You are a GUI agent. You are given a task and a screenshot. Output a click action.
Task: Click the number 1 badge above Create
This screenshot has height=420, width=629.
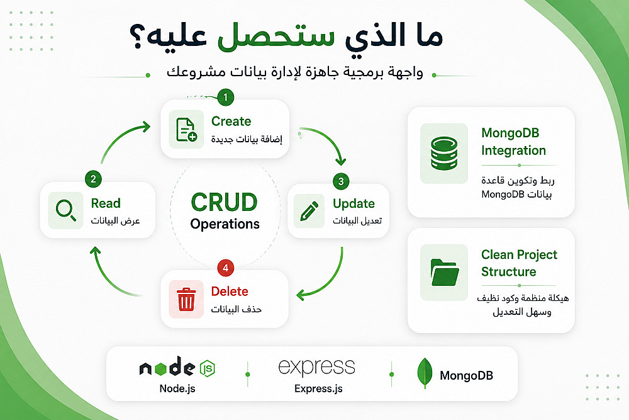(225, 97)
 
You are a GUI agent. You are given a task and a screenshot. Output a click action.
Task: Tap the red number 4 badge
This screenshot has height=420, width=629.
(225, 268)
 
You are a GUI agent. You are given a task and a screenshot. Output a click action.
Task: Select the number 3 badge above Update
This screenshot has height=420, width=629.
(341, 181)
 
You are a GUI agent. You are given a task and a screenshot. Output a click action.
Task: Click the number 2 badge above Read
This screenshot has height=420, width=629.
(94, 179)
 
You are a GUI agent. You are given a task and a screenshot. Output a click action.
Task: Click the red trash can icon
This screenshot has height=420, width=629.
(186, 298)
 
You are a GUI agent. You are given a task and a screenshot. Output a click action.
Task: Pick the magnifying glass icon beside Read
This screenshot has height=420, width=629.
(66, 210)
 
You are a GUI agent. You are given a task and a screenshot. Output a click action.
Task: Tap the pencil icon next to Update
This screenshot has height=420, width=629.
(309, 211)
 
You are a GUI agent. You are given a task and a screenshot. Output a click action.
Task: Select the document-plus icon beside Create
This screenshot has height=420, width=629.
(187, 129)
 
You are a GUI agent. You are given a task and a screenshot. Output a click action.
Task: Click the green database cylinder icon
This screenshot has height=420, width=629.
(444, 153)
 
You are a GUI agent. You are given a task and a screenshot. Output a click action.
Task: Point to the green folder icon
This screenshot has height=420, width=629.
(445, 272)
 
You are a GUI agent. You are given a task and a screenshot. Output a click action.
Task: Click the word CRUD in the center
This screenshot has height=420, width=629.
(225, 202)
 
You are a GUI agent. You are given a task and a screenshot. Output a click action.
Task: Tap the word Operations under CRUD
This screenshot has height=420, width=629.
(225, 224)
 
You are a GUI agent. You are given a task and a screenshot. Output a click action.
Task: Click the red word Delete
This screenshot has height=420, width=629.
(230, 291)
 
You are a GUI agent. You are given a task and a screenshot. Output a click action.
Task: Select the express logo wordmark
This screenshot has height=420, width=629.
(317, 367)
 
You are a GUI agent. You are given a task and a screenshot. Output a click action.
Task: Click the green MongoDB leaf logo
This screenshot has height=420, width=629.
(425, 373)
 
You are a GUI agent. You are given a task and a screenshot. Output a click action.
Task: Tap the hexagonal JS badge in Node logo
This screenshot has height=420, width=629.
(208, 368)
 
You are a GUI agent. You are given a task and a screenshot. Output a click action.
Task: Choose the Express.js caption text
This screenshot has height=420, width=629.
(318, 389)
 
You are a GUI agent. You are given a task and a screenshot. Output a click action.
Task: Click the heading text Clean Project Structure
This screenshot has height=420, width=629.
(519, 263)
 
